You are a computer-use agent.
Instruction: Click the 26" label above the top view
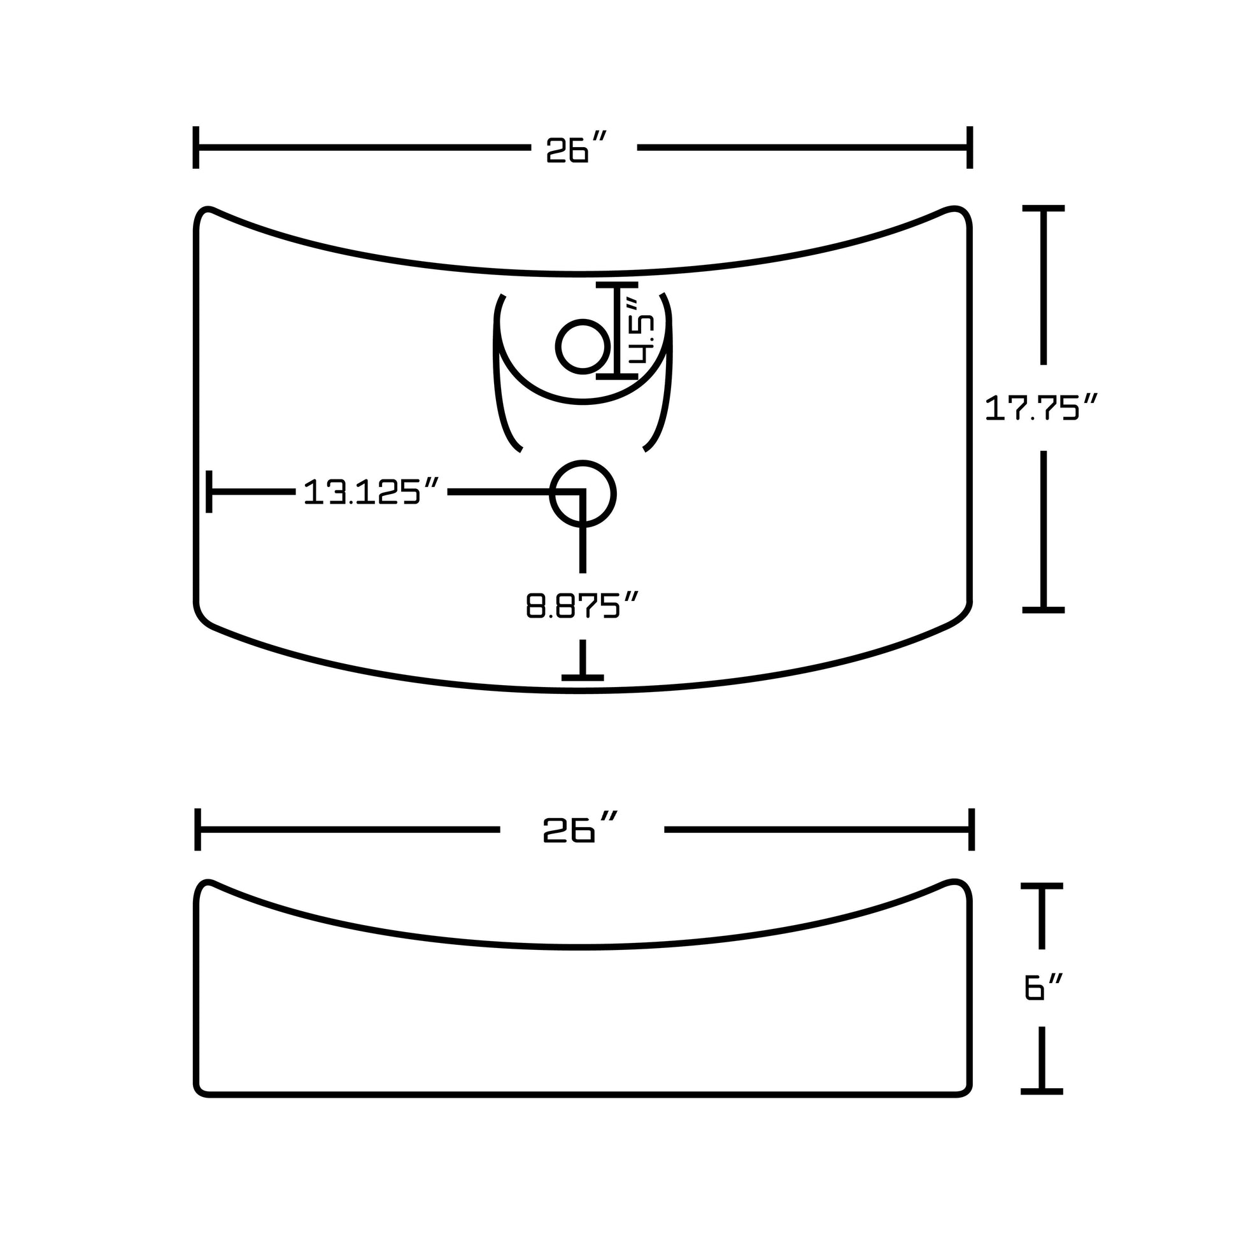tap(576, 149)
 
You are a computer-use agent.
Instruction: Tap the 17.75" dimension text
tap(1042, 408)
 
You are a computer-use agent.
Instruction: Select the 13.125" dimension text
tap(371, 492)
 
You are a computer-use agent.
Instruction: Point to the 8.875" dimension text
tap(583, 605)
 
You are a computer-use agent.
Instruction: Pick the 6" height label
tap(1044, 986)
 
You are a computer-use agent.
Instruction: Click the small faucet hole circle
tap(583, 346)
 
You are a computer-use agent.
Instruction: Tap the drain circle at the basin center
tap(583, 494)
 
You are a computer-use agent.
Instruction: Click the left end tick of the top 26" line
tap(195, 148)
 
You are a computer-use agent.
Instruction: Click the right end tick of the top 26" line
tap(970, 148)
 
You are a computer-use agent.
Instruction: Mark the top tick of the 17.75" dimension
tap(1044, 208)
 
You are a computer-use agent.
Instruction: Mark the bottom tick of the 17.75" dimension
tap(1044, 610)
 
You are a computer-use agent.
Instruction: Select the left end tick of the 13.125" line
tap(209, 492)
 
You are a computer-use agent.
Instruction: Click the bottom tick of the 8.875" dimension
tap(583, 677)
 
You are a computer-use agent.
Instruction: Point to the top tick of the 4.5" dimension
tap(617, 283)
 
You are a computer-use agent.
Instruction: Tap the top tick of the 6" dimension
tap(1042, 886)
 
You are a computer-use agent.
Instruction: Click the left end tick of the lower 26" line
tap(198, 830)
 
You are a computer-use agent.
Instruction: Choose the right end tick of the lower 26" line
tap(972, 830)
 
